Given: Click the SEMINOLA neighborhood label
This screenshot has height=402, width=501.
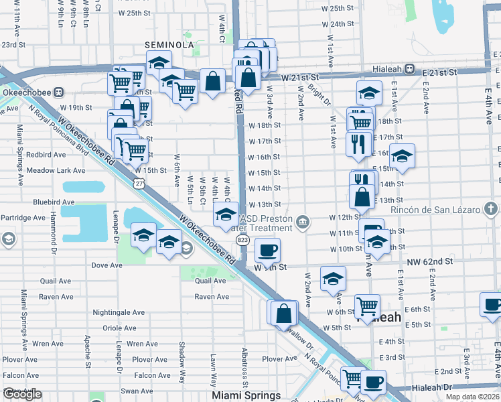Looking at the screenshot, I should coord(170,45).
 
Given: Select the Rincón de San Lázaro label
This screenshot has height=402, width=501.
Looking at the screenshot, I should coord(436,210).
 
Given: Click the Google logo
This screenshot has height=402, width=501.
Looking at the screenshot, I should coord(22,395).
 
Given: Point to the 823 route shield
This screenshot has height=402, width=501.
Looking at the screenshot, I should coord(242,239).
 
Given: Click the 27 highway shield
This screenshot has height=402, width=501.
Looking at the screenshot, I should coord(139,182).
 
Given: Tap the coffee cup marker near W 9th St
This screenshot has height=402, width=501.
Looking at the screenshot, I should coord(267,251).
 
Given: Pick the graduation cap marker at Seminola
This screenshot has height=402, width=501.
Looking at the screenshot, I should coord(159,64).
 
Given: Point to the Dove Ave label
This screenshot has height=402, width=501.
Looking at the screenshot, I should coord(107,265).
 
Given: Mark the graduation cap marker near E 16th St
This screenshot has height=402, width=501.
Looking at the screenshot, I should coord(402,157).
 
